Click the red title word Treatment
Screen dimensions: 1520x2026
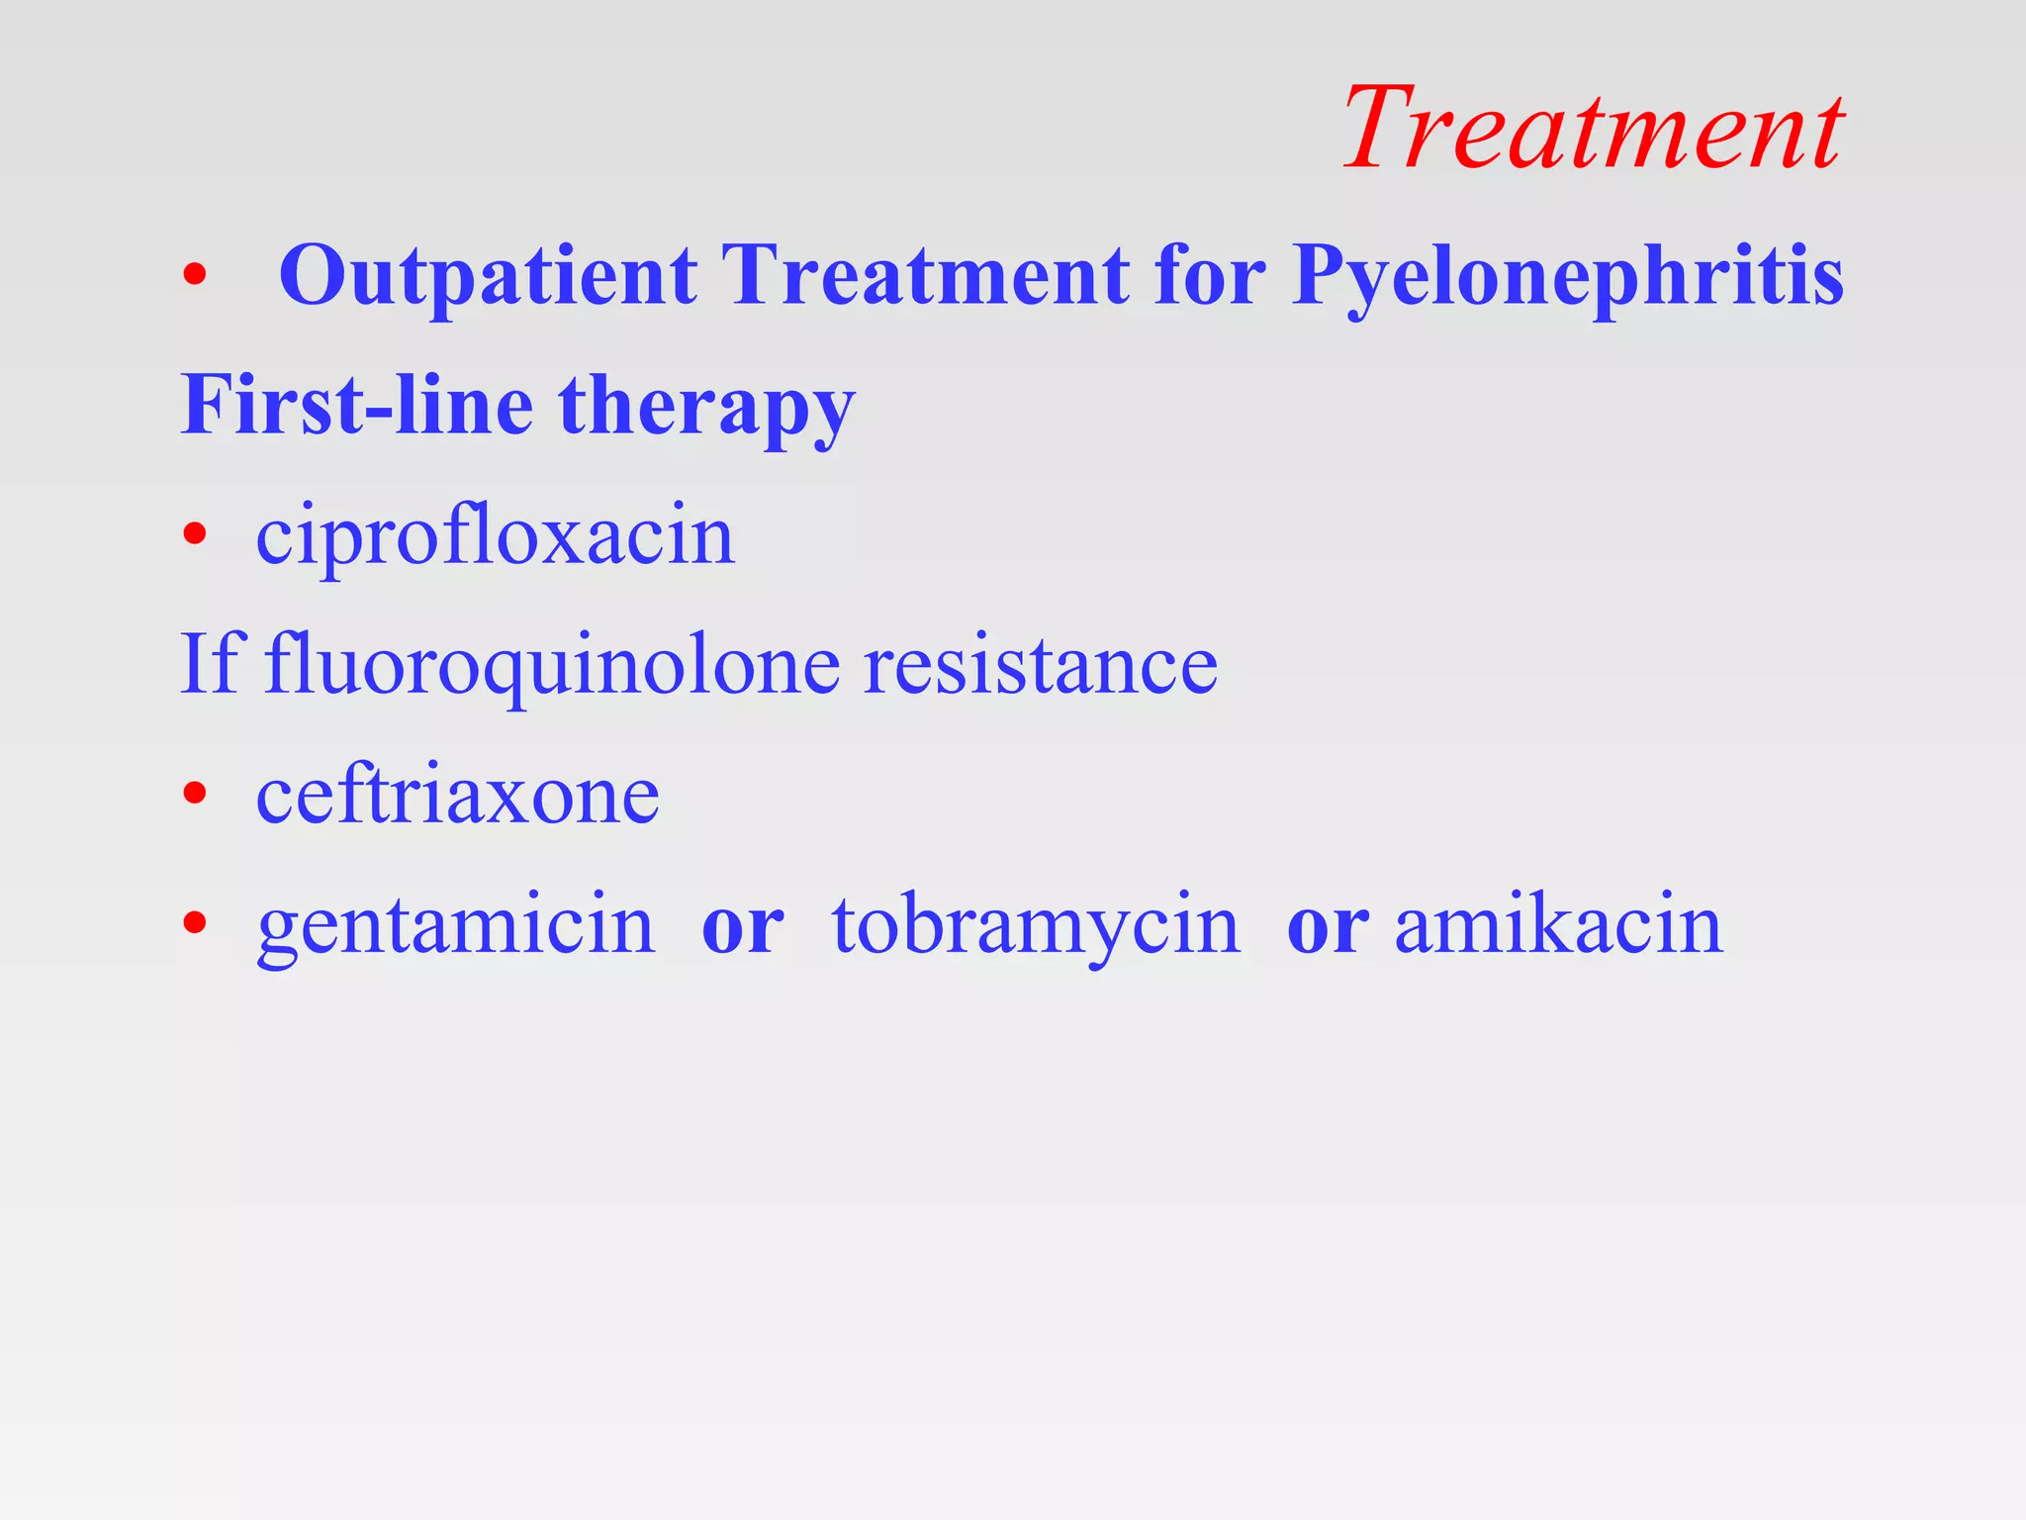(x=1593, y=129)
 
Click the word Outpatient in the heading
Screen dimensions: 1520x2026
(x=489, y=275)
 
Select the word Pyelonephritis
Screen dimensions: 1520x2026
(x=1567, y=277)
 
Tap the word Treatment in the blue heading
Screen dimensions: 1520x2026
(x=926, y=275)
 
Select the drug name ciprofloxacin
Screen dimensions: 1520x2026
(x=495, y=538)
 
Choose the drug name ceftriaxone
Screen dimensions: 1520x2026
(x=457, y=796)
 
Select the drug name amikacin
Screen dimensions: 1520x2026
(x=1558, y=924)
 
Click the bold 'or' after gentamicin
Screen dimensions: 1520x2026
(x=742, y=928)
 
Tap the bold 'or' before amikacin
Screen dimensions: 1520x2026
(x=1328, y=928)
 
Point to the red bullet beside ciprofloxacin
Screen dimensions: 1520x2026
(x=195, y=534)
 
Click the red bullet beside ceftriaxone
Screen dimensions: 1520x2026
(x=195, y=793)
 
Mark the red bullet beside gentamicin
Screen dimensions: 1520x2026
(x=195, y=922)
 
